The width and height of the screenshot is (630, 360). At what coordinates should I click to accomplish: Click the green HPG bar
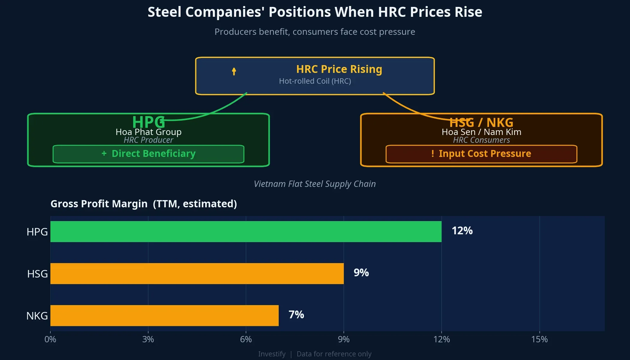coord(246,232)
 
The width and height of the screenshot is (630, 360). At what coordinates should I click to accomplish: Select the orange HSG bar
coord(197,274)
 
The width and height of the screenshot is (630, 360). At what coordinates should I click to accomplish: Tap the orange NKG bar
coord(164,316)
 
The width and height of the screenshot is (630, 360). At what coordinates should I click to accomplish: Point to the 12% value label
coord(462,231)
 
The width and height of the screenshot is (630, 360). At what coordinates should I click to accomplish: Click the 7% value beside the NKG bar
coord(296,315)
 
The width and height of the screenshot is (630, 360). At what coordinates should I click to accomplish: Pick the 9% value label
coord(361,273)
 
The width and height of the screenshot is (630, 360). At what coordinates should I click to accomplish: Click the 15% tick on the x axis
coord(539,339)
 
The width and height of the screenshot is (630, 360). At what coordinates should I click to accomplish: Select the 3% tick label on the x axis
coord(148,339)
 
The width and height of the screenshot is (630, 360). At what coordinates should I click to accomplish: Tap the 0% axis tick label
coord(50,339)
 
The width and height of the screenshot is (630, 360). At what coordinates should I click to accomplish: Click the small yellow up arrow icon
coord(234,71)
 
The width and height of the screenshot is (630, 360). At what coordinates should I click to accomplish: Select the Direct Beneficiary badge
coord(148,154)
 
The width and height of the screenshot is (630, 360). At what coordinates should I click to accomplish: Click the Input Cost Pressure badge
coord(481,154)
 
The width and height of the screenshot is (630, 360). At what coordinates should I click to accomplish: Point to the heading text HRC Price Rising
coord(339,69)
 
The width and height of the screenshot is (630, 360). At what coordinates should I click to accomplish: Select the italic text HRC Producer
coord(148,140)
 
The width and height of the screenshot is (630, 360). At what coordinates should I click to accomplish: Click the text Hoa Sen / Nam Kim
coord(481,132)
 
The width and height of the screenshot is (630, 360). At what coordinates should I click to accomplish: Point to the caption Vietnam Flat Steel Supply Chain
coord(315,184)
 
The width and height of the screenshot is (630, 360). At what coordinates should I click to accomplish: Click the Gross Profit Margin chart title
coord(144,204)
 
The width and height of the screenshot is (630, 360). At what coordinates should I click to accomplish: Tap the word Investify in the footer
coord(272,354)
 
